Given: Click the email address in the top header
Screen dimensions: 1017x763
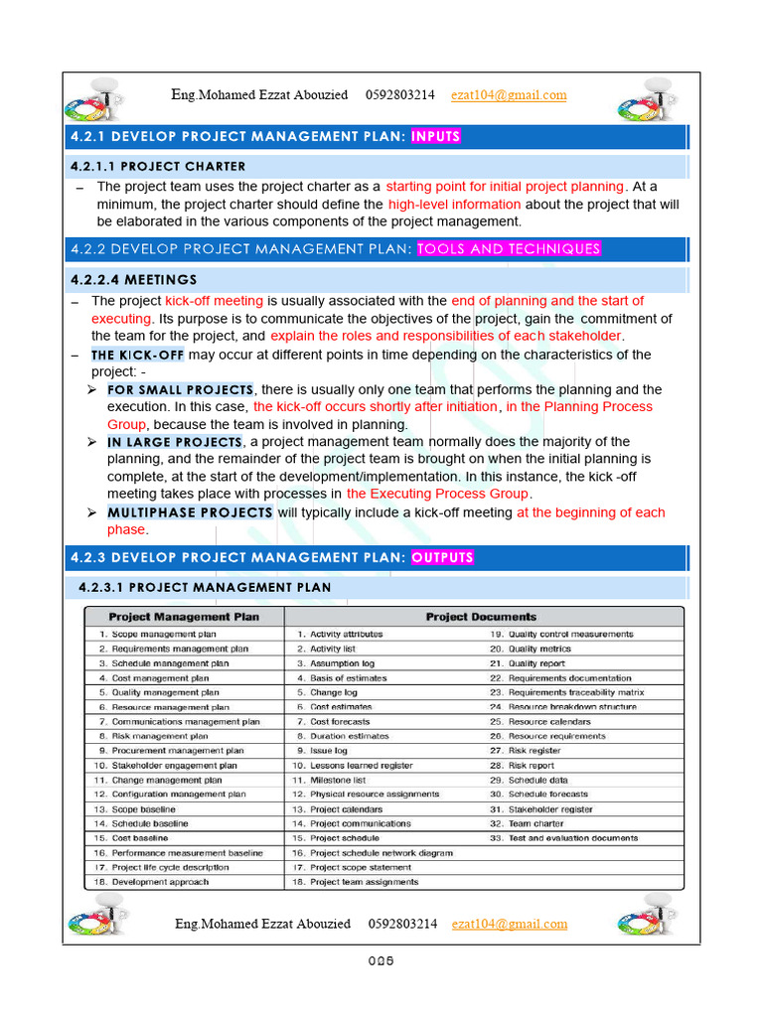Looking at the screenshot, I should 508,95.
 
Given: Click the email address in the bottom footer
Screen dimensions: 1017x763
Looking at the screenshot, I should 509,924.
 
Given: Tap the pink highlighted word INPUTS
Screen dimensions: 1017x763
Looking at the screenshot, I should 435,136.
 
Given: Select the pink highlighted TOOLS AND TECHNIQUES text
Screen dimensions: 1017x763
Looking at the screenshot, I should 509,249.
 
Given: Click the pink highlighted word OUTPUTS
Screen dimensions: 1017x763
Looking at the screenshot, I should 442,557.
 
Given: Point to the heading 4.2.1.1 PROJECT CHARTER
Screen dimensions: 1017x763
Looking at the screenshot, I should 156,166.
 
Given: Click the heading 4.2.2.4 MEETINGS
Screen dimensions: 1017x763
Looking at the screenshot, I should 134,280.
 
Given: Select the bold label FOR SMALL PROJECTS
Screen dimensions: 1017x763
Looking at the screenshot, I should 180,390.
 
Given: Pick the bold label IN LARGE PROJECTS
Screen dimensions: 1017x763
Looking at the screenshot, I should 175,442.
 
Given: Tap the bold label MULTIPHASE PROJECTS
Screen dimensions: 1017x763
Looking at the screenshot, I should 190,512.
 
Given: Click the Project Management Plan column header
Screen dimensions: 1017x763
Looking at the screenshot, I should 184,617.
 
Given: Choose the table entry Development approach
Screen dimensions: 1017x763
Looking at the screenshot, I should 160,882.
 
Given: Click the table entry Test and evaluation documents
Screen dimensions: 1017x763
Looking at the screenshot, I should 572,838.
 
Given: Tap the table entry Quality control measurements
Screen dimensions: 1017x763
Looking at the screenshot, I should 570,634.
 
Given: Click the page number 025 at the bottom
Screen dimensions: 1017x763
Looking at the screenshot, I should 381,960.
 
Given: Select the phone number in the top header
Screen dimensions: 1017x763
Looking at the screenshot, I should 399,95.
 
